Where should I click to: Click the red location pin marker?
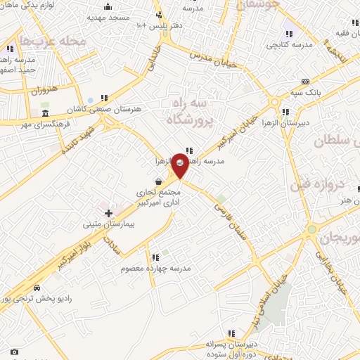click(x=181, y=164)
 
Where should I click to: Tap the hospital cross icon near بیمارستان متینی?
click(x=108, y=213)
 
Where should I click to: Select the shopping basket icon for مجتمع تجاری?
click(x=159, y=181)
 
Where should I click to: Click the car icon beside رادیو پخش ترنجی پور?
click(x=36, y=288)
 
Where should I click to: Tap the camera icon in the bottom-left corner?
click(x=14, y=351)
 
